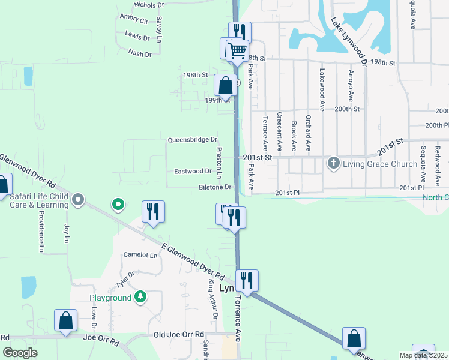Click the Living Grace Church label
[x=379, y=164]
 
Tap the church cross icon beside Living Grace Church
[x=333, y=163]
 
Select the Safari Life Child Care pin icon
[x=77, y=199]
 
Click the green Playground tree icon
[x=140, y=298]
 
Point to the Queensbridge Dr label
[x=192, y=140]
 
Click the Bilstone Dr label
[x=215, y=188]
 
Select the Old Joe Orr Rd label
[x=179, y=334]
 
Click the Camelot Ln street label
[x=140, y=254]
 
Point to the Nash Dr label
[x=139, y=53]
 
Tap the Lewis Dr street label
[x=137, y=37]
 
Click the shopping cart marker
[x=238, y=50]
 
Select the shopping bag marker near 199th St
[x=225, y=85]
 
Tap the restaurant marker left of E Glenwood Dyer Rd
[x=153, y=211]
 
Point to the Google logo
[x=20, y=353]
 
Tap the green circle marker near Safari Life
[x=118, y=205]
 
